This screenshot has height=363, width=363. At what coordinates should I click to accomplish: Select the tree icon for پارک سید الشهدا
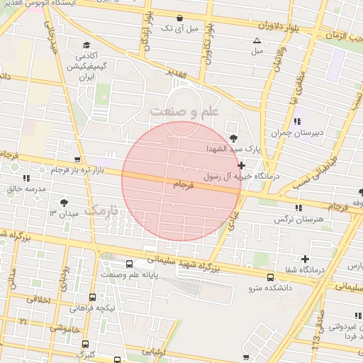pos(234,139)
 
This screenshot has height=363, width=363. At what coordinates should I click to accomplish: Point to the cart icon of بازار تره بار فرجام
pos(77,160)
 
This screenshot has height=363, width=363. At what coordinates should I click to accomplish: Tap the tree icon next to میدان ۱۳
pos(65,203)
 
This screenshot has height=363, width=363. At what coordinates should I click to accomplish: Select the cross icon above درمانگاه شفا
pos(306,259)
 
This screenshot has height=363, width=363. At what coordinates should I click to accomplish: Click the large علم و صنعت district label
pos(183,111)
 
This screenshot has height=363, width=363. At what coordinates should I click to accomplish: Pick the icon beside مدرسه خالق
pos(26,178)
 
